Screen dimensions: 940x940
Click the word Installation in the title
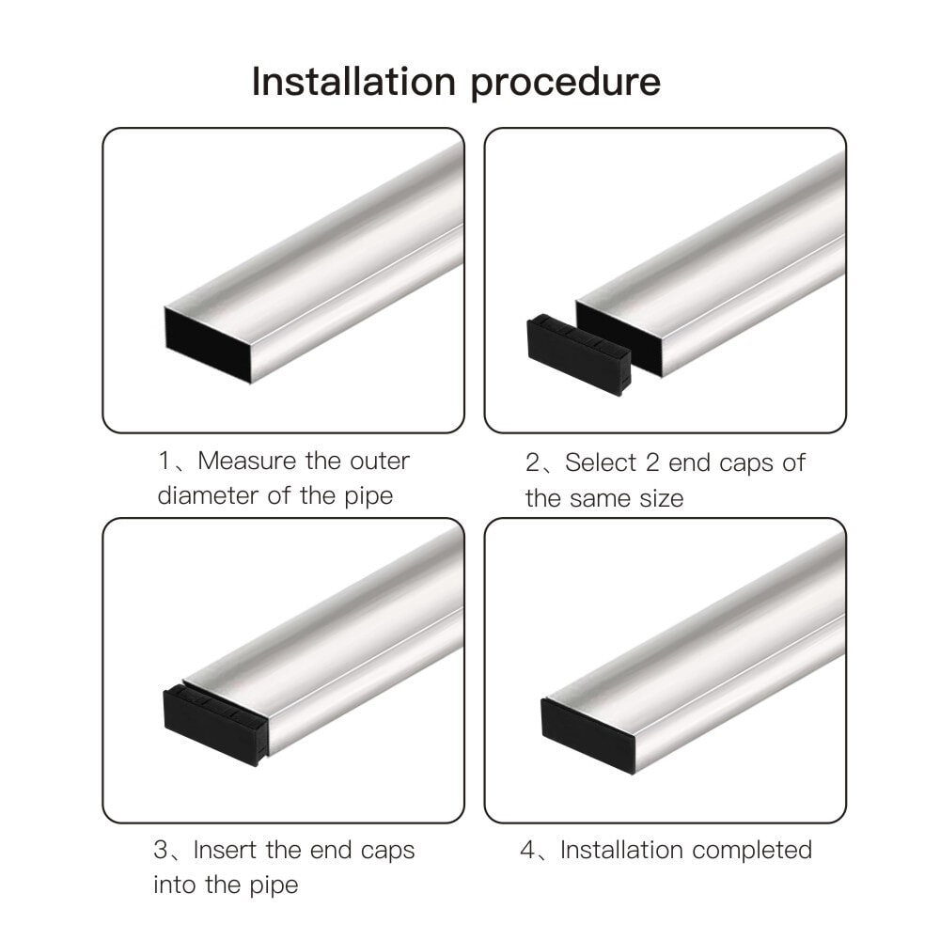point(353,81)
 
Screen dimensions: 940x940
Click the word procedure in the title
point(565,84)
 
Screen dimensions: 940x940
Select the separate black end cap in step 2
point(578,354)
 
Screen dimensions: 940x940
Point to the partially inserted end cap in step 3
point(214,726)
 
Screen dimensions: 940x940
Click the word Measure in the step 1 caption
point(247,461)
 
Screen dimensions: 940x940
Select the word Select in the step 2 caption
point(600,462)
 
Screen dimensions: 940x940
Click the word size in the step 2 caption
point(661,499)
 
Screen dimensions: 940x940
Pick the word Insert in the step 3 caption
point(226,850)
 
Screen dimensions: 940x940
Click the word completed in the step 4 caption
point(752,850)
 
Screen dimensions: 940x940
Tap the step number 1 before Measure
point(163,461)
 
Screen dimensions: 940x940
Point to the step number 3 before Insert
point(161,850)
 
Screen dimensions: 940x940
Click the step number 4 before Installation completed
point(527,850)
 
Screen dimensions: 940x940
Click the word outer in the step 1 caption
point(380,462)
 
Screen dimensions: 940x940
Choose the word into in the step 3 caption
point(176,885)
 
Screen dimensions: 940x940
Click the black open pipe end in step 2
point(619,339)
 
